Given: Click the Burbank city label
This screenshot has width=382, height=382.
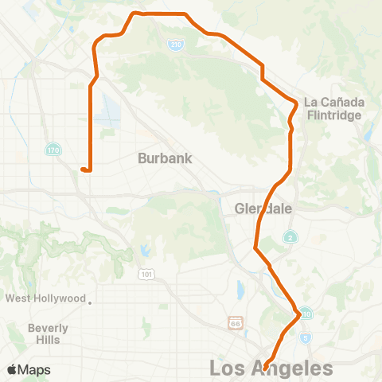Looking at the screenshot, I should pos(165,158).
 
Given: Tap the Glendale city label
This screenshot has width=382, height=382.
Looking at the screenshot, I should pos(264,209).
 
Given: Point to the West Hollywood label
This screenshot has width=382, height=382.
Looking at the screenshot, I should pos(45,298).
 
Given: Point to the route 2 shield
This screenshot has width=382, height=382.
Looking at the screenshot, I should pos(293,237).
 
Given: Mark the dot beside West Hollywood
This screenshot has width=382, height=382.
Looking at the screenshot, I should pos(91,302).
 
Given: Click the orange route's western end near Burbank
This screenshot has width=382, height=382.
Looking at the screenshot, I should pos(82,168).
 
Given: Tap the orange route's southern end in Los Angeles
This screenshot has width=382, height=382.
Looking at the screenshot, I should pos(266,367).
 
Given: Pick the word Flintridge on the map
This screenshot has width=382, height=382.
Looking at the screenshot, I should pos(334,115).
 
